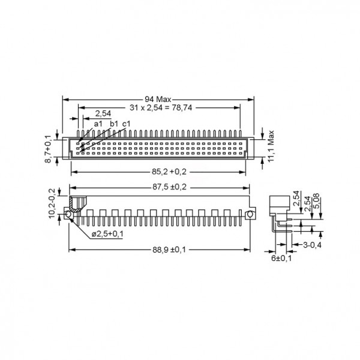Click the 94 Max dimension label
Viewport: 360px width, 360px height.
pos(158,100)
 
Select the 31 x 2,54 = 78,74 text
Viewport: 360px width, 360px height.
pos(161,107)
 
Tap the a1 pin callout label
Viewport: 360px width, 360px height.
pos(98,124)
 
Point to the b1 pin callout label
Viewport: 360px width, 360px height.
pos(114,124)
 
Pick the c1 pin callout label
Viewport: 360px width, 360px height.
pos(126,124)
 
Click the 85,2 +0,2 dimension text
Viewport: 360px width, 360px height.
pos(169,172)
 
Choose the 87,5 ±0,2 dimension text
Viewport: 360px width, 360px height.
pos(170,187)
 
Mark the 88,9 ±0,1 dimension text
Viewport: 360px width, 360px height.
pos(169,250)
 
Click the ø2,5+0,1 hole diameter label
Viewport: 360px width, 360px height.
pos(107,234)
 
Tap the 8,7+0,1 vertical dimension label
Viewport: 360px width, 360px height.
pos(48,149)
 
